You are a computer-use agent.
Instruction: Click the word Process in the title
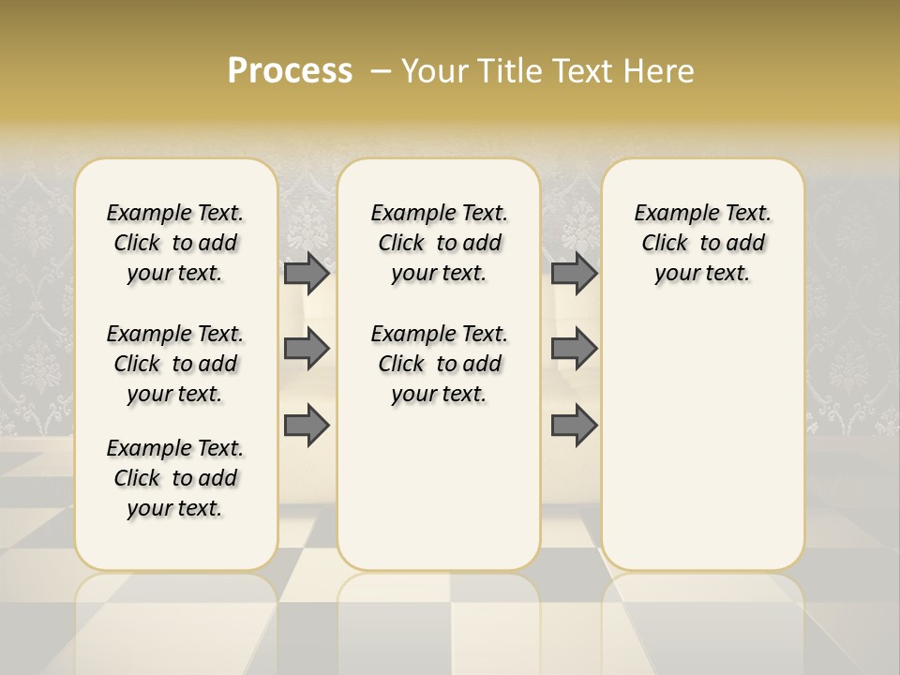[x=290, y=71]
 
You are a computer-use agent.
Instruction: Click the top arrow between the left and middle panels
[x=307, y=273]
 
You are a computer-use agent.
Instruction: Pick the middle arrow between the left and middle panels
[x=307, y=349]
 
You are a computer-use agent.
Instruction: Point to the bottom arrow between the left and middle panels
[x=307, y=425]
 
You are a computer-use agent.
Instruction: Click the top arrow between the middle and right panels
[x=574, y=273]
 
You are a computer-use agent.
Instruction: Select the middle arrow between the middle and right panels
[x=574, y=349]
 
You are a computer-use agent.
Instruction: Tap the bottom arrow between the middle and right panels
[x=574, y=425]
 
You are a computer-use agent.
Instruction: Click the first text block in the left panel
[x=175, y=243]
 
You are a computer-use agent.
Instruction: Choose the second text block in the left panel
[x=175, y=364]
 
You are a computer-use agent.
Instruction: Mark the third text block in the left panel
[x=175, y=478]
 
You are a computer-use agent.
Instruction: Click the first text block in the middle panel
[x=439, y=243]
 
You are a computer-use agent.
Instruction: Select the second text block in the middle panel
[x=439, y=364]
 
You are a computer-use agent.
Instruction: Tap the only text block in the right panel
[x=702, y=243]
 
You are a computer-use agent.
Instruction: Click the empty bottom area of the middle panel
[x=439, y=497]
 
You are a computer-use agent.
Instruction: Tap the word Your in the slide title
[x=432, y=71]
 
